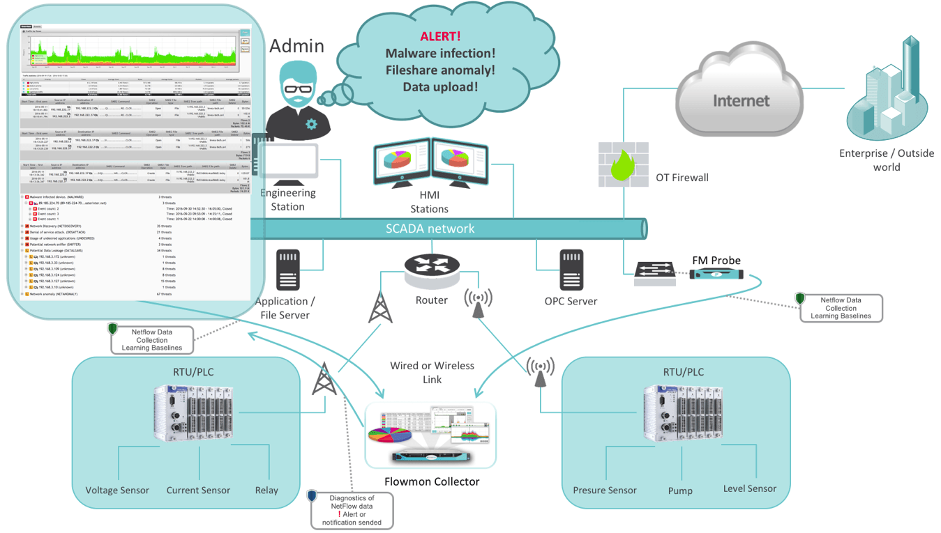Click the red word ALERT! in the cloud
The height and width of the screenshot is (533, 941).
click(440, 37)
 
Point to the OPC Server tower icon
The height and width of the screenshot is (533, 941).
click(571, 270)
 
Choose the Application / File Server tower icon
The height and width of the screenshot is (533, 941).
click(288, 270)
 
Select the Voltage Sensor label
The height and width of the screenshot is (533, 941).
click(117, 490)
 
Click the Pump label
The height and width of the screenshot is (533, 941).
click(680, 490)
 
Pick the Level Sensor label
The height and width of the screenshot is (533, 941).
click(750, 489)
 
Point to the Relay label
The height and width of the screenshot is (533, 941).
click(266, 490)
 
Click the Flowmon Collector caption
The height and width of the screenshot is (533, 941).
click(432, 481)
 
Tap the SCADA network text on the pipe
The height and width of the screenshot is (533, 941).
click(430, 229)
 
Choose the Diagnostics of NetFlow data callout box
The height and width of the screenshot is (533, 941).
click(352, 510)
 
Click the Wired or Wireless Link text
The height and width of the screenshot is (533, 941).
click(432, 372)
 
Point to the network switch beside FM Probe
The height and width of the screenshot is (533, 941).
click(654, 274)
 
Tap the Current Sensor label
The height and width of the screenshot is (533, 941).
click(198, 490)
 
